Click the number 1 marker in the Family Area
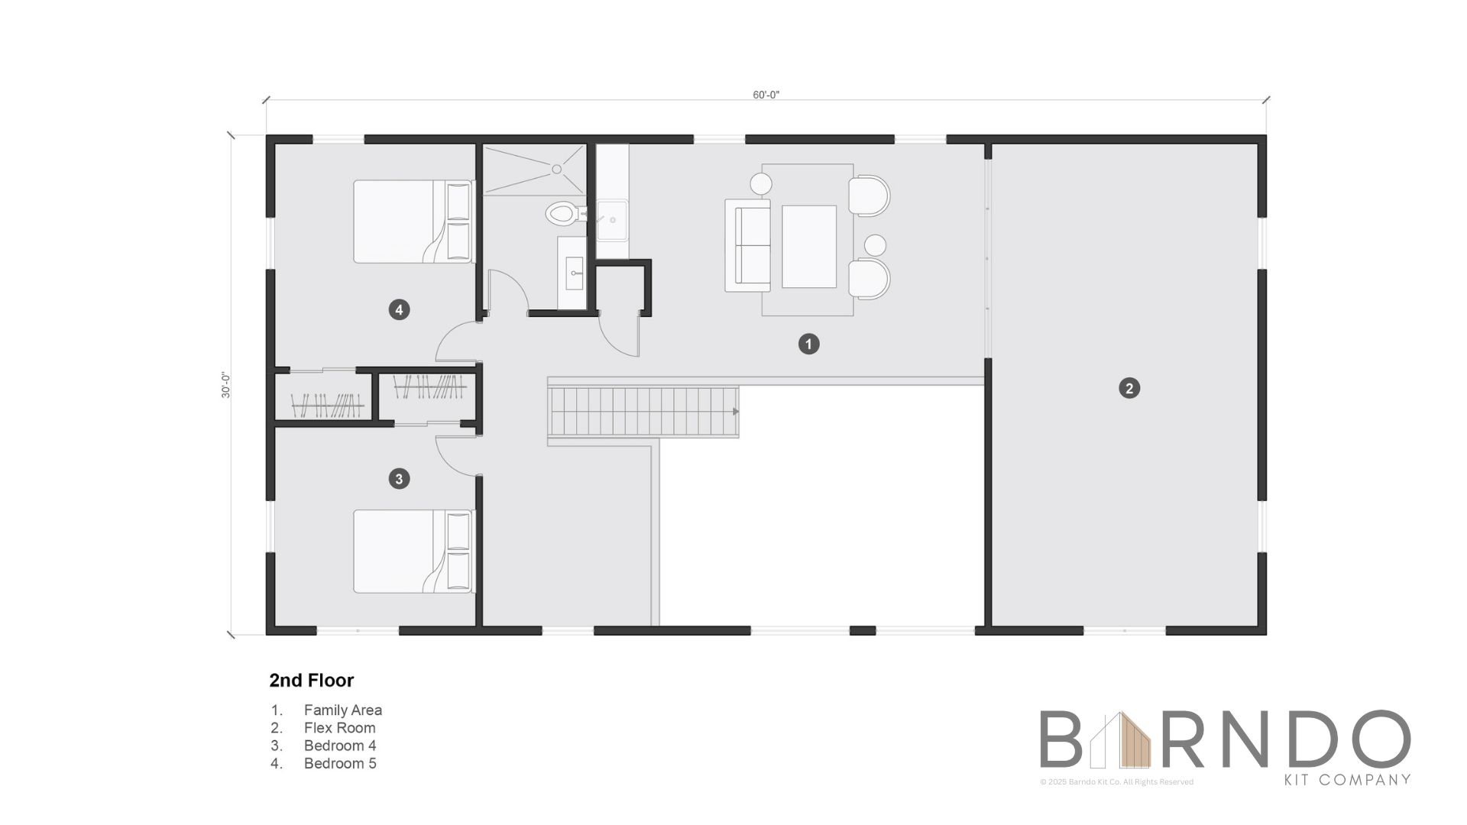(808, 344)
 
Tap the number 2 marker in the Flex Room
(1129, 388)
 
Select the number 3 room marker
(399, 479)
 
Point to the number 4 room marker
(399, 309)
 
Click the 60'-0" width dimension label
(766, 95)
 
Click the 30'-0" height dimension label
(226, 385)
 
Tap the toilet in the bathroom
(564, 213)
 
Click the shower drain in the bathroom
(557, 169)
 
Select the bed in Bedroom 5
(413, 222)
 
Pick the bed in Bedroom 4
(413, 552)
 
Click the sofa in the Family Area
(747, 245)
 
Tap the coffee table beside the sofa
(808, 246)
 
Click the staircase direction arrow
(736, 412)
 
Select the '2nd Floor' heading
(312, 680)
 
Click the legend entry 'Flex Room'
(340, 728)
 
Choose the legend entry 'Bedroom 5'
(340, 763)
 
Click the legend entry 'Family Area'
(343, 710)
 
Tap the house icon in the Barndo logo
(1120, 739)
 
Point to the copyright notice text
(1116, 781)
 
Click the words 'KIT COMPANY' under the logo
(1347, 780)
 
